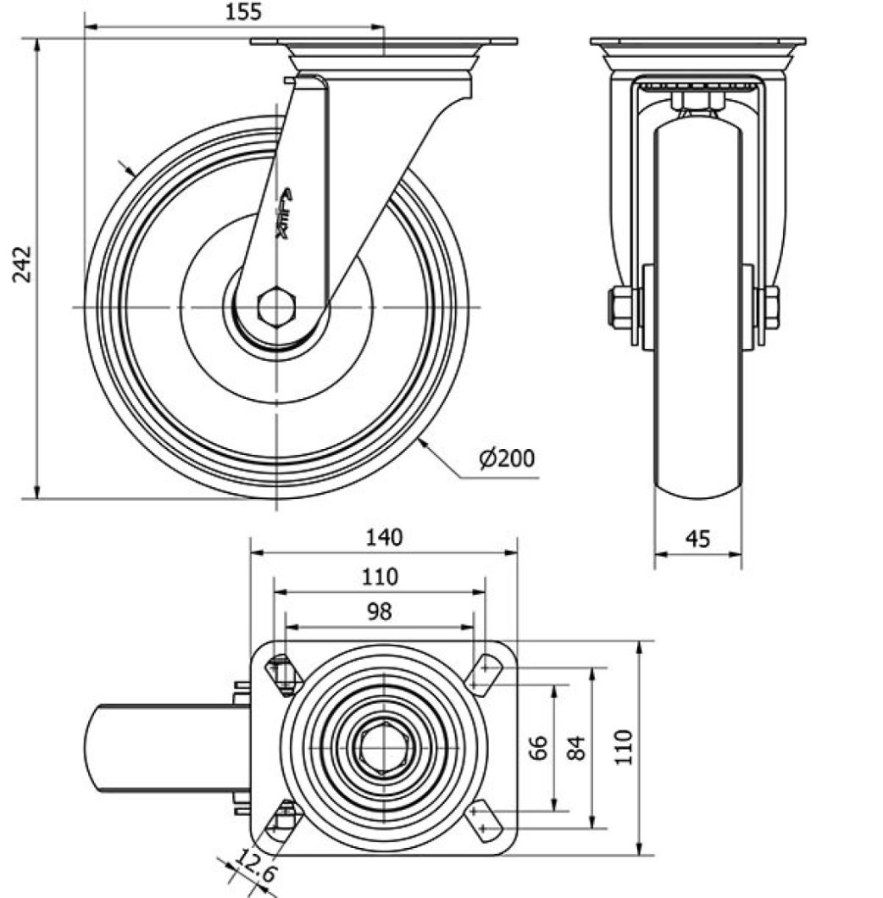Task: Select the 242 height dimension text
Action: [23, 264]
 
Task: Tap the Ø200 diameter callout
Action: [508, 458]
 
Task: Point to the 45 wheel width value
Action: [698, 538]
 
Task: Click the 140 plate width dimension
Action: [385, 536]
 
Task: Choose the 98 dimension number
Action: [380, 612]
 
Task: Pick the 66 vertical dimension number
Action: [540, 747]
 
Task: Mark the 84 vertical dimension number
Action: [576, 747]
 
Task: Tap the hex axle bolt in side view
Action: [276, 307]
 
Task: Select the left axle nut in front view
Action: [621, 307]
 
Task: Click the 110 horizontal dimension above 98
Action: [380, 577]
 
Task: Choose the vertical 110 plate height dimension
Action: [625, 747]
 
